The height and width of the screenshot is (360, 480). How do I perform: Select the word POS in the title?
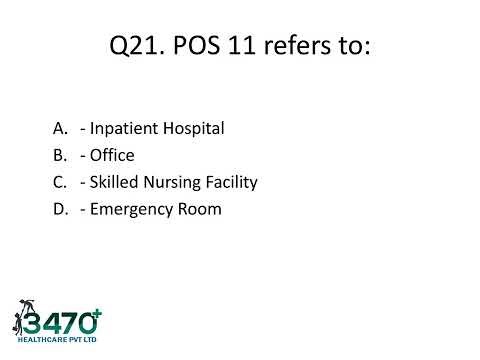click(x=204, y=47)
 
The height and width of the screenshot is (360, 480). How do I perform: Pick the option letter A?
click(x=59, y=128)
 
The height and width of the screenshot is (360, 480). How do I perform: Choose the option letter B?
click(x=59, y=155)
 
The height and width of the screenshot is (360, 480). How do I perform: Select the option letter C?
click(x=59, y=182)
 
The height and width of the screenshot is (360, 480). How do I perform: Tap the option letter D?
click(x=59, y=209)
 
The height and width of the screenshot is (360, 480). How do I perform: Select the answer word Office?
click(x=113, y=155)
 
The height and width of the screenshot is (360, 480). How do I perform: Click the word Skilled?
click(x=113, y=182)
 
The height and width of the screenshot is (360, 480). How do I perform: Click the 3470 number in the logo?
click(x=61, y=323)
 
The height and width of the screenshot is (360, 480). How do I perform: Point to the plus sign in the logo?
click(x=97, y=313)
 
